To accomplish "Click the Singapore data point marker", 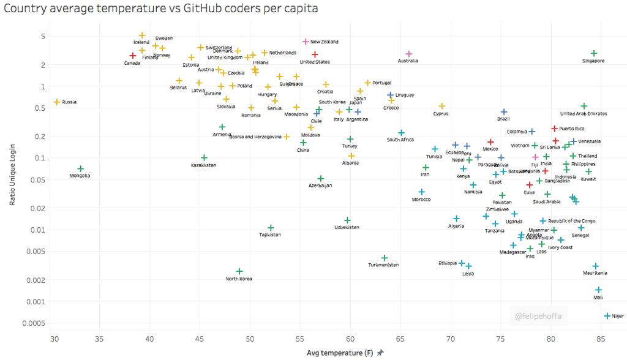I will pyautogui.click(x=594, y=53).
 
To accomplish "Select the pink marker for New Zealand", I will pyautogui.click(x=306, y=42).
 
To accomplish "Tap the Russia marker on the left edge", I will pyautogui.click(x=57, y=102).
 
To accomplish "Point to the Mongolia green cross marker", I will pyautogui.click(x=80, y=168).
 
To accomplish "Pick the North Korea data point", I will pyautogui.click(x=239, y=271).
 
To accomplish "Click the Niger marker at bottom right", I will pyautogui.click(x=607, y=316).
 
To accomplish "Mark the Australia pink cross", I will pyautogui.click(x=409, y=54).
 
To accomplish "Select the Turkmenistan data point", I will pyautogui.click(x=385, y=258).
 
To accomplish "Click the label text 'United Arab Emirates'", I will pyautogui.click(x=584, y=114).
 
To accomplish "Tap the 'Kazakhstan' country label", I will pyautogui.click(x=203, y=165).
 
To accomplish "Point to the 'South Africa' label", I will pyautogui.click(x=400, y=140).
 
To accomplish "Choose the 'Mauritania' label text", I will pyautogui.click(x=595, y=273).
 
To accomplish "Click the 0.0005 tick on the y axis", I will pyautogui.click(x=36, y=323).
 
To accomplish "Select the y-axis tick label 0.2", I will pyautogui.click(x=40, y=137).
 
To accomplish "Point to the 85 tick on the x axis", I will pyautogui.click(x=601, y=339).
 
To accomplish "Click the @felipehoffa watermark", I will pyautogui.click(x=539, y=317).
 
